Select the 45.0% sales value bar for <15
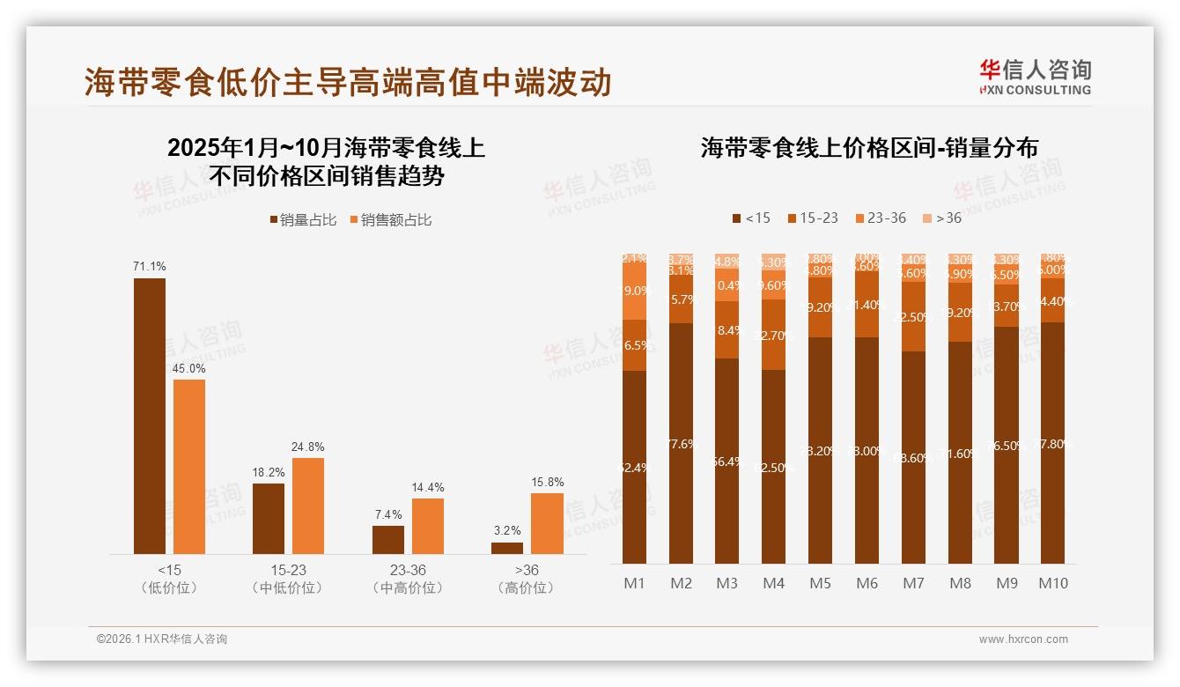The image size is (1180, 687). point(189,466)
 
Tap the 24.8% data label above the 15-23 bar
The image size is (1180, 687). point(307,447)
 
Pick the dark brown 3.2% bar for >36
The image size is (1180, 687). point(507,548)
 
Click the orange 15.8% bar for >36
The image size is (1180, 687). point(547,523)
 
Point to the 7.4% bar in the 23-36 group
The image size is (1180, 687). point(387,540)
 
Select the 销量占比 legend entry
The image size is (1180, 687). point(303,220)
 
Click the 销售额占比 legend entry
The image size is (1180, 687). point(390,220)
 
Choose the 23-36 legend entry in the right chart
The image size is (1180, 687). point(880,218)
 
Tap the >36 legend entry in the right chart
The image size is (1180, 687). point(942,218)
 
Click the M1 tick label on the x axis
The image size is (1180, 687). point(634,583)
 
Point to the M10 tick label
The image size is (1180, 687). point(1052,583)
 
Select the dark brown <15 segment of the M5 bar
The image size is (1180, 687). point(820,450)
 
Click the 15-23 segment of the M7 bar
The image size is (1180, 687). point(913,317)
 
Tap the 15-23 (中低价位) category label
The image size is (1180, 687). point(287,579)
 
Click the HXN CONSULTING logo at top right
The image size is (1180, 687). point(1035,77)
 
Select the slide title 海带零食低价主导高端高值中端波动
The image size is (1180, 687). point(347,82)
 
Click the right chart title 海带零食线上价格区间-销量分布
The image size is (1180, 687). point(869,147)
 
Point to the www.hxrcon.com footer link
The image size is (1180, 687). point(1023,639)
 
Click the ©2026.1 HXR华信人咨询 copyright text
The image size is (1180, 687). point(162,639)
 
